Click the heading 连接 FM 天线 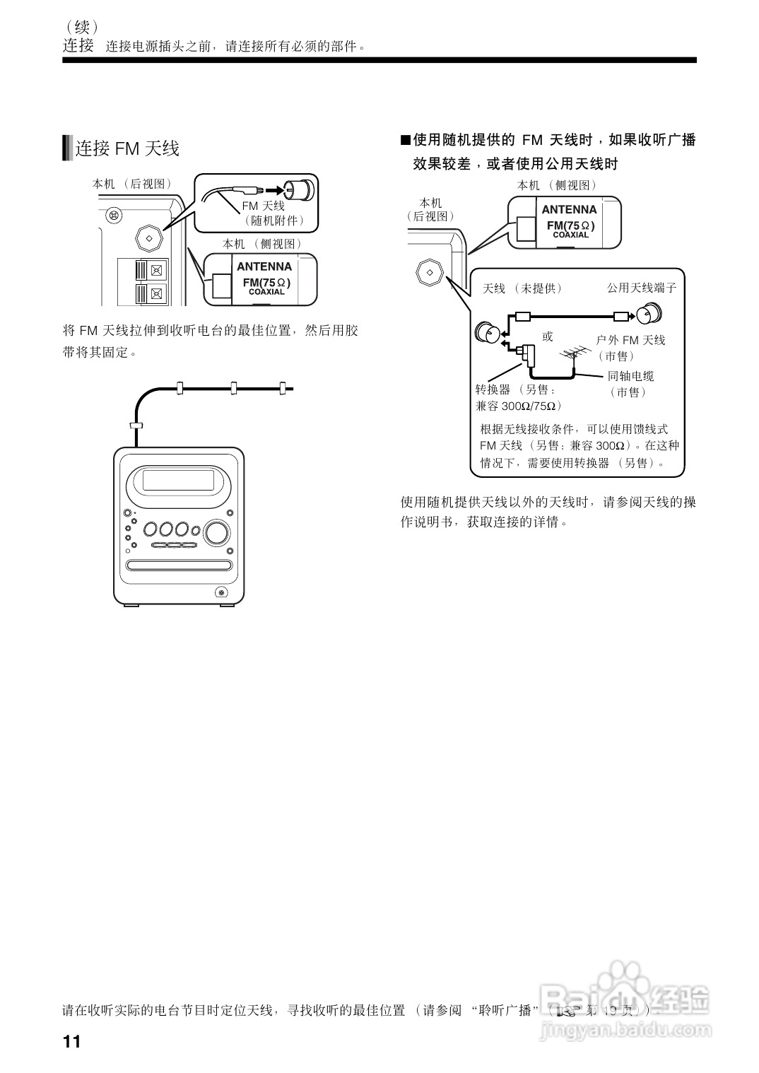click(127, 148)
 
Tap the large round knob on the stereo click(218, 532)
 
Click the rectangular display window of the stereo click(178, 480)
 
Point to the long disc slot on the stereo click(179, 565)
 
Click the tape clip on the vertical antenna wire click(136, 426)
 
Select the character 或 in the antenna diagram click(548, 336)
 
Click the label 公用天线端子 click(642, 288)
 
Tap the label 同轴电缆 click(630, 376)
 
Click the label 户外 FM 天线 click(631, 340)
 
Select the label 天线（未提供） click(522, 288)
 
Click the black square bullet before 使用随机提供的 click(405, 140)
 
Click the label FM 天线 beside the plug click(263, 206)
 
